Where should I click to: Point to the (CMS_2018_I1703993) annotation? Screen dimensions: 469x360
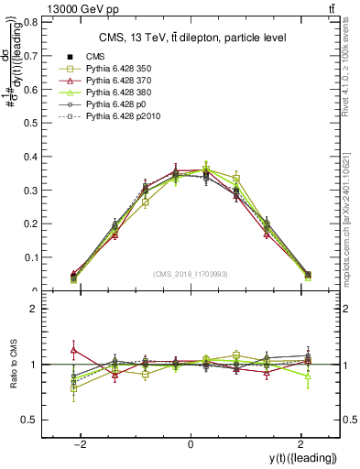point(191,273)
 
